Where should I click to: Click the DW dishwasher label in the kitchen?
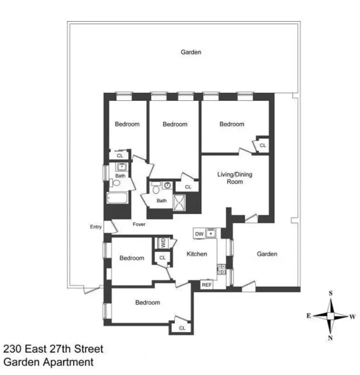click(x=198, y=233)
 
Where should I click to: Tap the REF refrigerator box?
click(x=207, y=285)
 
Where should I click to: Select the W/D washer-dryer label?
click(x=163, y=243)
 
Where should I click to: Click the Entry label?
click(x=96, y=227)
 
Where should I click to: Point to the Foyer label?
click(x=139, y=225)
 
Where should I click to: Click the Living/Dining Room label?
click(x=234, y=178)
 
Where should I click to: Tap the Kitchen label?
click(x=197, y=254)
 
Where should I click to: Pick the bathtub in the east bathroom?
click(x=118, y=198)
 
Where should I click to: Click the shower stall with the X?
click(x=180, y=202)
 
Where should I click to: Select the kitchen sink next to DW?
click(x=211, y=233)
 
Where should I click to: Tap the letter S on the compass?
click(x=330, y=293)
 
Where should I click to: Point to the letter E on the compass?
click(x=308, y=316)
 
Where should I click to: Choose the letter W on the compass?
click(x=352, y=316)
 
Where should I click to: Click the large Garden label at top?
click(x=191, y=52)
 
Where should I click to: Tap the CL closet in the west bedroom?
click(x=262, y=146)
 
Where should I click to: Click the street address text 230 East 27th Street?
click(x=53, y=349)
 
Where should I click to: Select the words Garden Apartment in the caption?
click(x=48, y=362)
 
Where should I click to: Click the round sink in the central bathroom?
click(x=166, y=185)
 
